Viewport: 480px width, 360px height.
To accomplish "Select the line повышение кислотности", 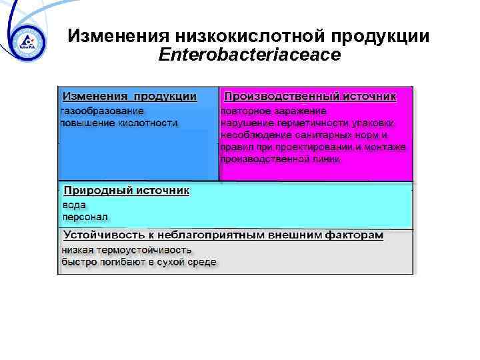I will pyautogui.click(x=118, y=123).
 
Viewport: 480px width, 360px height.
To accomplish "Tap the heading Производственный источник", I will pyautogui.click(x=310, y=97).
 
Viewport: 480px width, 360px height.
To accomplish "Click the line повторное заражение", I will pyautogui.click(x=273, y=111).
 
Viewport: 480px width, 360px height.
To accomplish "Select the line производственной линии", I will pyautogui.click(x=280, y=159).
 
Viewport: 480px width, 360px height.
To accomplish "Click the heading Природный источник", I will pyautogui.click(x=126, y=191).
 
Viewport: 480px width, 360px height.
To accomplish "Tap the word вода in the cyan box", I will pyautogui.click(x=74, y=205).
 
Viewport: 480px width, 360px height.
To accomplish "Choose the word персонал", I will pyautogui.click(x=85, y=217).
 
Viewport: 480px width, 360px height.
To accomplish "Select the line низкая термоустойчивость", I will pyautogui.click(x=126, y=251).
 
